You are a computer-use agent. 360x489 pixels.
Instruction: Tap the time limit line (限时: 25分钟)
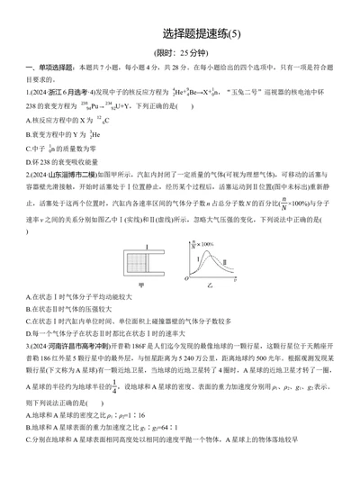pos(179,53)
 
